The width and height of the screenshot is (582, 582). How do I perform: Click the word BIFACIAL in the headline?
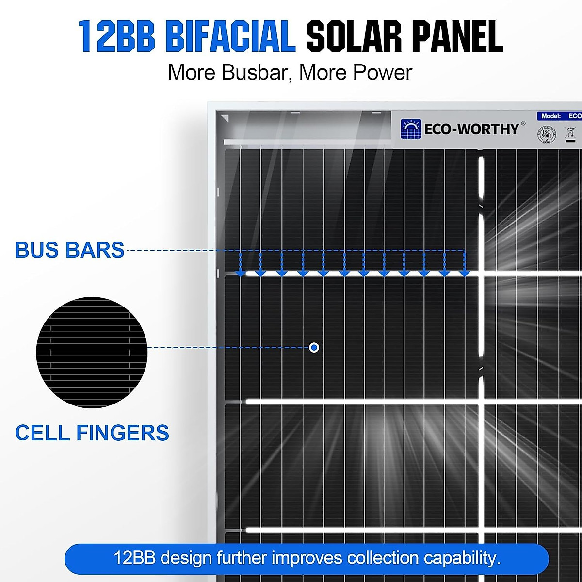tap(230, 36)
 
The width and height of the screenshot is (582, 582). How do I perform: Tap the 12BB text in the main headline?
tap(116, 36)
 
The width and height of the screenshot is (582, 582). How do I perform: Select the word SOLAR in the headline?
tap(354, 36)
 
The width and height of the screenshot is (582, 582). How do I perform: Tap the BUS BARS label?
tap(70, 250)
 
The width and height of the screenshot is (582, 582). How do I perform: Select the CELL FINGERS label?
tap(92, 433)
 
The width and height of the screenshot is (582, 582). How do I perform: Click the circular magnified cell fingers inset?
tap(92, 352)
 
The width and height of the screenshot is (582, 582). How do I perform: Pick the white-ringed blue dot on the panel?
tap(314, 348)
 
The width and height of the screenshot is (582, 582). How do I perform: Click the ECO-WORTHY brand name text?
tap(471, 129)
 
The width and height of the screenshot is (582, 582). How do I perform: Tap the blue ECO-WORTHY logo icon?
tap(411, 129)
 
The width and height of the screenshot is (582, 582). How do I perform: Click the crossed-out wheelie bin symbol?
tap(570, 133)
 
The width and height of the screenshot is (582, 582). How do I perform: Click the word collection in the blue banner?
tap(383, 558)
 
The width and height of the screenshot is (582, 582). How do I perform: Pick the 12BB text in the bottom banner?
tap(134, 558)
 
